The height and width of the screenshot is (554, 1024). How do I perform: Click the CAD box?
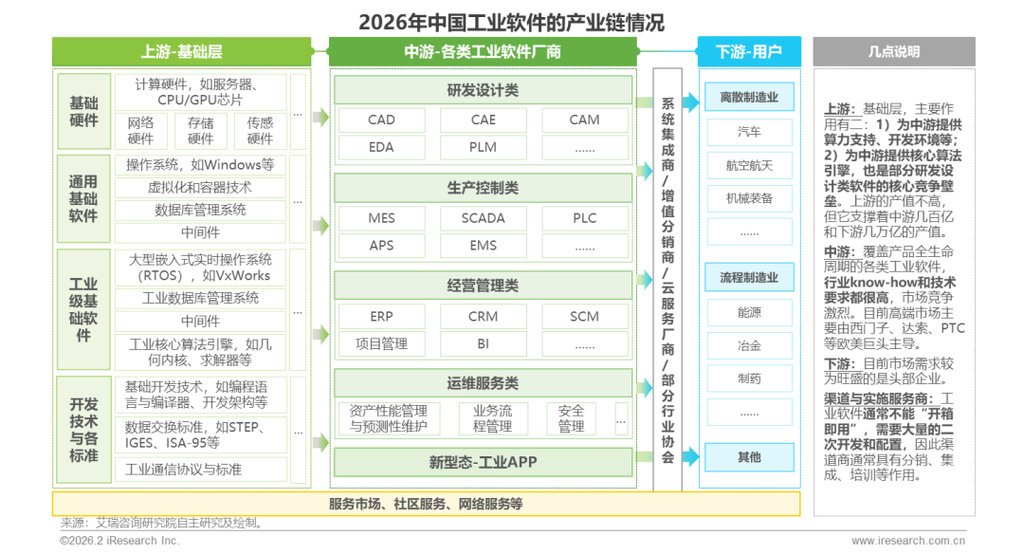pos(381,120)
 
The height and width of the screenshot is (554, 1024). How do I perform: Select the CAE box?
pos(483,120)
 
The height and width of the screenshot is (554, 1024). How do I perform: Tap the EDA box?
pos(381,147)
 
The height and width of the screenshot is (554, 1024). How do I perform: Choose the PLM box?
pos(483,147)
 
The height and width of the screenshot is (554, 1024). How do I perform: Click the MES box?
pos(381,218)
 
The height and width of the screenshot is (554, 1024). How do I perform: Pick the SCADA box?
pos(483,218)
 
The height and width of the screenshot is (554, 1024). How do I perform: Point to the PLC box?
pos(585,218)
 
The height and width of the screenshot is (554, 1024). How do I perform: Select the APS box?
pos(381,246)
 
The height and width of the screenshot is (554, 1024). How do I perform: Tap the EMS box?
pos(483,246)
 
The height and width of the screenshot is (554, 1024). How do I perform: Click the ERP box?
pos(381,316)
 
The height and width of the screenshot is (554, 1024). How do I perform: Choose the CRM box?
pos(483,316)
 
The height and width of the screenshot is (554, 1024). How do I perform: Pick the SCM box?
pos(585,316)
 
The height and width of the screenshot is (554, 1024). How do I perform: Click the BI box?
pos(483,343)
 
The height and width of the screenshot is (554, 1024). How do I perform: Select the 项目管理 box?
pos(381,343)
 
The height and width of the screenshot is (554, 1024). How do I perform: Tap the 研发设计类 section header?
pos(483,90)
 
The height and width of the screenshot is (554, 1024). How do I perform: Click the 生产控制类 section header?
pos(483,188)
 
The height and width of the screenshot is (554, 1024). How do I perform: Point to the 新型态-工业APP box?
pos(483,463)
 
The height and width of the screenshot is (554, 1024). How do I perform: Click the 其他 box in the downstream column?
pos(749,457)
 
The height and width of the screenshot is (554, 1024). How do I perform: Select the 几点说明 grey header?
pos(893,51)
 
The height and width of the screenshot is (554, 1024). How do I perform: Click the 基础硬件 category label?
pos(83,111)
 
